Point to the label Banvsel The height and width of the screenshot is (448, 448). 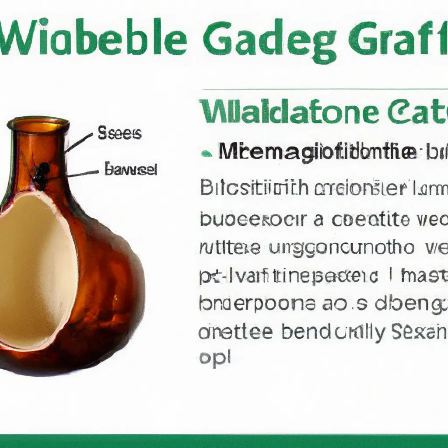click(130, 169)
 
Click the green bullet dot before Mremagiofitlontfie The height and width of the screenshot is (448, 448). click(204, 154)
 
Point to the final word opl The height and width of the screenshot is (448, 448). click(214, 359)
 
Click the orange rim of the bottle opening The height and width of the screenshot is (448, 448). click(38, 125)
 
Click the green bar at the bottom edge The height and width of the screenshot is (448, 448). click(224, 441)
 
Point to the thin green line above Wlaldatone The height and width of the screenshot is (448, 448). click(324, 90)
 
